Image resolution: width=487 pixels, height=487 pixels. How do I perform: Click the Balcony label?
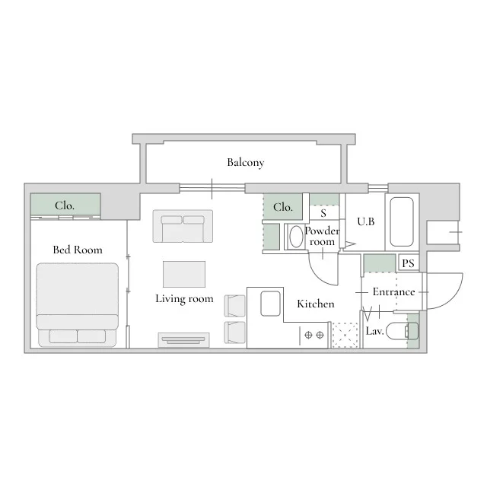(x=245, y=162)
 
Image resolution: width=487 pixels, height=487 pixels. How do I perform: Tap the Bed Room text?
(x=78, y=250)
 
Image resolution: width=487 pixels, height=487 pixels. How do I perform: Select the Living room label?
(x=184, y=299)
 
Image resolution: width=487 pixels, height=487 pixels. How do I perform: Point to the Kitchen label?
(x=316, y=304)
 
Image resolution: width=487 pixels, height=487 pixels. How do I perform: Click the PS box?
(x=409, y=263)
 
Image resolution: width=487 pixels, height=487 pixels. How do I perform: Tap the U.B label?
(x=366, y=221)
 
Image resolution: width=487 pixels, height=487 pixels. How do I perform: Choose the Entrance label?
(x=394, y=291)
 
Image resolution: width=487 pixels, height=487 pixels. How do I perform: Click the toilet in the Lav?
(x=402, y=331)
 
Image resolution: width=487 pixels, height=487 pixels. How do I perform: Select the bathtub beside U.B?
(x=402, y=221)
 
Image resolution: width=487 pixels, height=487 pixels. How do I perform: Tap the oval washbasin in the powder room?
(x=296, y=237)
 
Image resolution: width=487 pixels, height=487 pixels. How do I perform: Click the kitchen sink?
(x=271, y=304)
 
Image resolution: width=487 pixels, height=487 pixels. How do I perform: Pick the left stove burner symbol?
(x=308, y=335)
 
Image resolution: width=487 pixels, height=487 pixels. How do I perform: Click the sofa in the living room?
(x=183, y=226)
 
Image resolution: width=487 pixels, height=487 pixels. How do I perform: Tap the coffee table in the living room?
(x=184, y=274)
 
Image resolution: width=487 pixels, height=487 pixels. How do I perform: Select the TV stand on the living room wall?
(x=184, y=340)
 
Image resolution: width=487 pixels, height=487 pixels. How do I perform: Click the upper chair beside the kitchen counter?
(x=235, y=306)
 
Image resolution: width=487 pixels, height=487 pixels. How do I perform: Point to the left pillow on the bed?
(x=63, y=336)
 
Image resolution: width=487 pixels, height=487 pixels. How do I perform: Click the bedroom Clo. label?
(x=65, y=205)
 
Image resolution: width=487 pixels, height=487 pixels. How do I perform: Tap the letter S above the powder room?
(x=323, y=213)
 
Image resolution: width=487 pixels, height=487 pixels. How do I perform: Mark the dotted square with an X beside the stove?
(x=345, y=336)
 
